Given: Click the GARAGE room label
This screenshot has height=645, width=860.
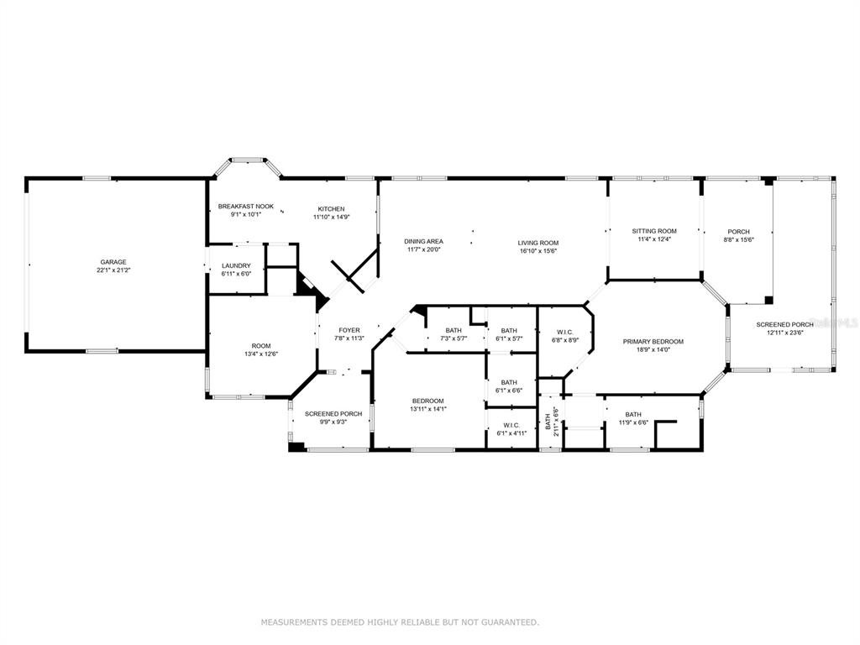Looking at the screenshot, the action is click(x=113, y=262).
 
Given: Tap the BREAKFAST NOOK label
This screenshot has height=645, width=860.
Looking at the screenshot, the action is click(x=246, y=207).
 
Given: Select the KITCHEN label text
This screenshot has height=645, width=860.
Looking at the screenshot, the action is click(x=331, y=209).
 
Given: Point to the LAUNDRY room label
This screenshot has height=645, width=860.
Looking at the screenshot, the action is click(x=236, y=266).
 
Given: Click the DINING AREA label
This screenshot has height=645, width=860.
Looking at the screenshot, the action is click(x=423, y=241).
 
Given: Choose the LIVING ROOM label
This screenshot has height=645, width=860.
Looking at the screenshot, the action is click(x=538, y=243).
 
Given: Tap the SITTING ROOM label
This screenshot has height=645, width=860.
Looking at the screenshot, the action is click(x=654, y=232).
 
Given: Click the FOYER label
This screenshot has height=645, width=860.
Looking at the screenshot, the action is click(x=349, y=330).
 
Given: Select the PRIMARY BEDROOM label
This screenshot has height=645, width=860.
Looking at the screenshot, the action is click(x=653, y=342).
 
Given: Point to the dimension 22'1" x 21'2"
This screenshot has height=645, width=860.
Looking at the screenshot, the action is click(x=113, y=270).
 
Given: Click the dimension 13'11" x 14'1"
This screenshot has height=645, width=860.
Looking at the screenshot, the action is click(x=428, y=409).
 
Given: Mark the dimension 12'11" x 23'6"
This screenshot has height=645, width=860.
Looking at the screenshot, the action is click(x=785, y=333).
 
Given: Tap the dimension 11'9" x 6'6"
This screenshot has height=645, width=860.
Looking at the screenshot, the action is click(x=633, y=422).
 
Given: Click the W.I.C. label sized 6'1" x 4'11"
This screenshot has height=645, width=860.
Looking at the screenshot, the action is click(x=511, y=425).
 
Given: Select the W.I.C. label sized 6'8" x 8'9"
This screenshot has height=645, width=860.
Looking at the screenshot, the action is click(x=565, y=332).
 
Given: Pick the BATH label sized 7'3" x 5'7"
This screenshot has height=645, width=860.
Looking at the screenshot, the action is click(x=454, y=330).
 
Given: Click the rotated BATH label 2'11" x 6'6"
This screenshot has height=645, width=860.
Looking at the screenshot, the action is click(x=548, y=422).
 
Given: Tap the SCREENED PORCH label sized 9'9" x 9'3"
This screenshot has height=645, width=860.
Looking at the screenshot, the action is click(x=333, y=414).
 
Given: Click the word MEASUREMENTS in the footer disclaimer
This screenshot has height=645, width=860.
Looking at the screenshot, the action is click(x=293, y=622).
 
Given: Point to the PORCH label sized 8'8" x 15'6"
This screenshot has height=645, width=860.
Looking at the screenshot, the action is click(x=739, y=232).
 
